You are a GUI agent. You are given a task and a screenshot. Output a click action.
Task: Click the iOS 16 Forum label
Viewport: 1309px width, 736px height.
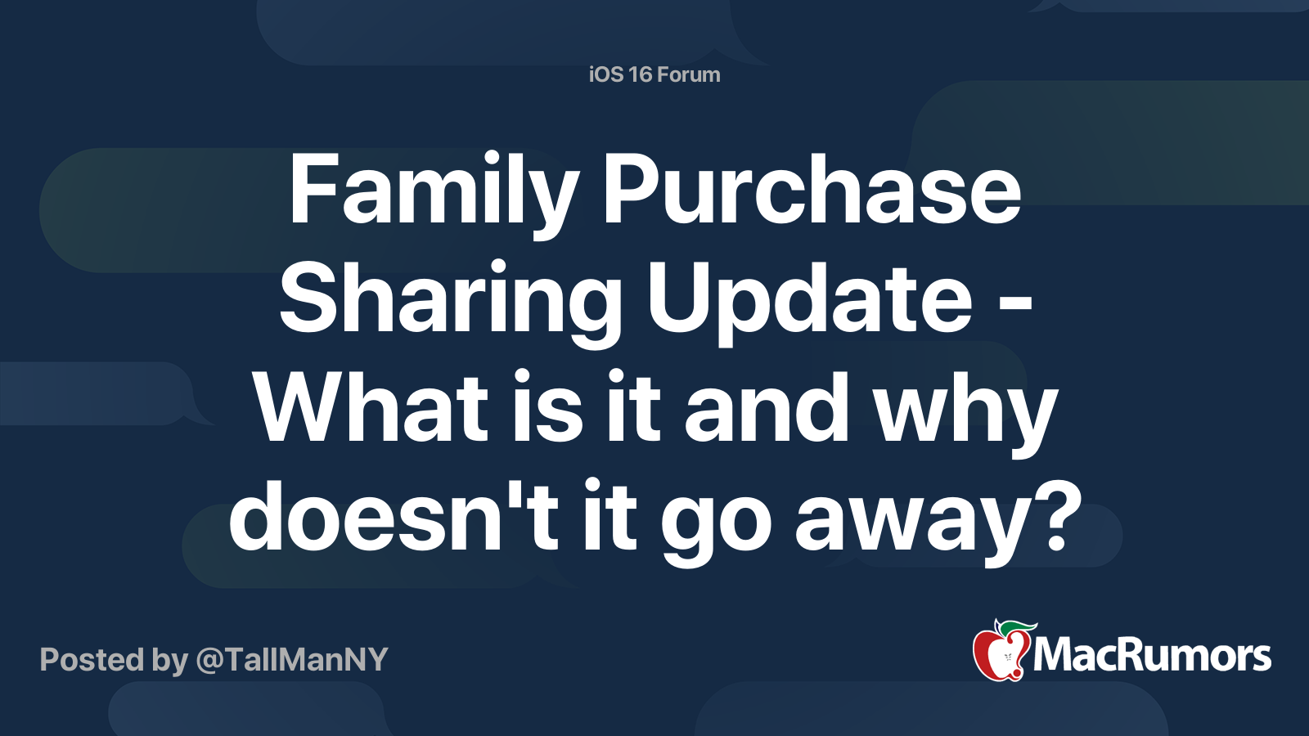pos(654,74)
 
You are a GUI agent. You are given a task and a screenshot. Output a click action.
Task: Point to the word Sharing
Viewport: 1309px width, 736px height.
pos(450,300)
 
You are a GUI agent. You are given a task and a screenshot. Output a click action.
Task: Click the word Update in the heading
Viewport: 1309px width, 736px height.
pos(810,300)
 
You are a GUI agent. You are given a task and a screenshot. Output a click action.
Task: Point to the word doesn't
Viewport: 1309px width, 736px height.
pos(394,517)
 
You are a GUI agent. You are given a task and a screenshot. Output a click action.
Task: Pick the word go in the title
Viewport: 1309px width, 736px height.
pos(716,523)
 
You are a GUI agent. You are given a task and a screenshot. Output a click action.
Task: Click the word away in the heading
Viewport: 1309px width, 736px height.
pos(908,523)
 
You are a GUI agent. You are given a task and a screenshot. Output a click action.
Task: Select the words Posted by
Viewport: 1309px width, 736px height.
pos(114,660)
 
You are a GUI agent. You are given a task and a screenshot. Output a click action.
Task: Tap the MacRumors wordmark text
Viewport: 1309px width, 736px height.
pos(1152,655)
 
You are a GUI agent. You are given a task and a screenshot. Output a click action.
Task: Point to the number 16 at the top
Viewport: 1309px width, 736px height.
pos(641,74)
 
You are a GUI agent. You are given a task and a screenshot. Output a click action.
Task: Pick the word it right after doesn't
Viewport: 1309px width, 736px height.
pos(610,517)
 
